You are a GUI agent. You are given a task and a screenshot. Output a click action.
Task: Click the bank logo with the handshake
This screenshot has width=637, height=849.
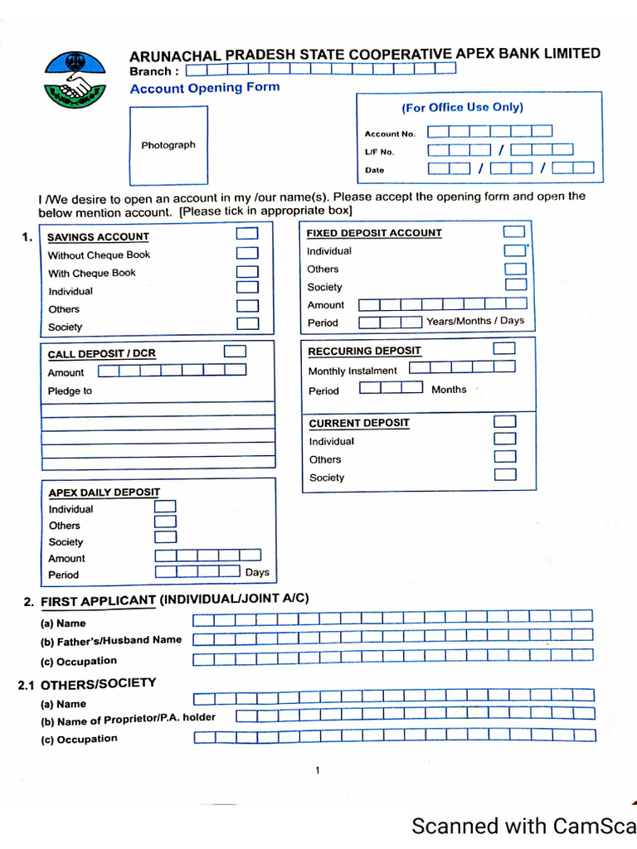click(75, 80)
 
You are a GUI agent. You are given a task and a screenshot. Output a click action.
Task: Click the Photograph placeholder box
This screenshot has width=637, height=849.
click(168, 145)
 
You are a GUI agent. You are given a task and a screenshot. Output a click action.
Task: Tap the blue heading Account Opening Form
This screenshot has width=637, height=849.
click(205, 88)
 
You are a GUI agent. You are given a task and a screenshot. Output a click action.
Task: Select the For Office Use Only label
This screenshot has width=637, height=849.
click(462, 107)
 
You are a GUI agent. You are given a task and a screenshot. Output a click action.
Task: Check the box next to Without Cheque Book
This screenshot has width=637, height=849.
click(247, 254)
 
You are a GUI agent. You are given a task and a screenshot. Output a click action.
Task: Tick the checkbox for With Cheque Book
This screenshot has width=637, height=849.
click(247, 271)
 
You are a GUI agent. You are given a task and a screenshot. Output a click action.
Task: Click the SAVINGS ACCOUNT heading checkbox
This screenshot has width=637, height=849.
click(247, 235)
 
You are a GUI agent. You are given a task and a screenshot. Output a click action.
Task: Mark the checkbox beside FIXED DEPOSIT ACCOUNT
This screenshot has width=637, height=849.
click(515, 231)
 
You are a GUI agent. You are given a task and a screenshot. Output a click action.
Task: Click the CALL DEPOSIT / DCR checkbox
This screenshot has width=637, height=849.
click(236, 352)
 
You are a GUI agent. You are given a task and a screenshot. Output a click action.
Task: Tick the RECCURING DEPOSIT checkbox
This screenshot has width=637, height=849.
click(504, 349)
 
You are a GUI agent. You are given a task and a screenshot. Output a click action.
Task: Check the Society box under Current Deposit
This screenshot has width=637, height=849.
click(505, 475)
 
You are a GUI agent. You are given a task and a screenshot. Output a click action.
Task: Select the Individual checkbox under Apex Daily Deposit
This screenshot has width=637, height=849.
click(166, 507)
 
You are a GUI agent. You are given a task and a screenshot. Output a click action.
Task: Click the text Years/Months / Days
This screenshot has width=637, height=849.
click(475, 321)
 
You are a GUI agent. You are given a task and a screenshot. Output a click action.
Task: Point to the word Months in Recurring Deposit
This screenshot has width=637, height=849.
click(449, 390)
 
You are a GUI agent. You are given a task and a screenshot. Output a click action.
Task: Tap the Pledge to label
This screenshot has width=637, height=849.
click(70, 391)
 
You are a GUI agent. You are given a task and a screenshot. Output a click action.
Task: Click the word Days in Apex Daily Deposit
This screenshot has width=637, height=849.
click(257, 572)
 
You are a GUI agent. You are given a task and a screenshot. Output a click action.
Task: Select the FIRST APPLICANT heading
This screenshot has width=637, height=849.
click(98, 601)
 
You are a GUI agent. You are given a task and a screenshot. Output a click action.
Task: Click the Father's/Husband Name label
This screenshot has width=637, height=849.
click(110, 641)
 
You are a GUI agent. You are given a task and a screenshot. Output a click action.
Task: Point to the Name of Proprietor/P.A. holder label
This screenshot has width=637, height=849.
click(128, 720)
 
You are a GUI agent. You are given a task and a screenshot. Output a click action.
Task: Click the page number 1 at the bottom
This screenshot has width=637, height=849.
click(317, 771)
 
